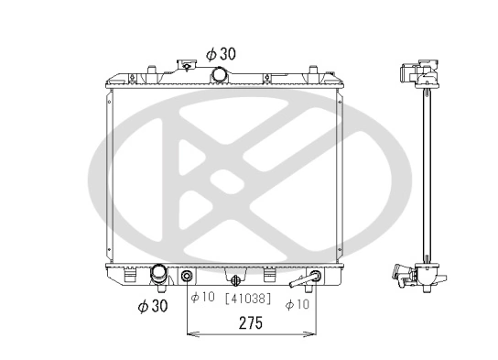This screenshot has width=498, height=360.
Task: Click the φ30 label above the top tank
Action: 222,54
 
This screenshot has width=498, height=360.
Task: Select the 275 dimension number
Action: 252,323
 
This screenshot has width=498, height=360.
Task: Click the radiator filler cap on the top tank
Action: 189,65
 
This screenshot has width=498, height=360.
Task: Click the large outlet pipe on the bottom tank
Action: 159,274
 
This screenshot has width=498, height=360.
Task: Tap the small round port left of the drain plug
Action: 188,277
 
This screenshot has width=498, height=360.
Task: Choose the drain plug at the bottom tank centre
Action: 237,279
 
